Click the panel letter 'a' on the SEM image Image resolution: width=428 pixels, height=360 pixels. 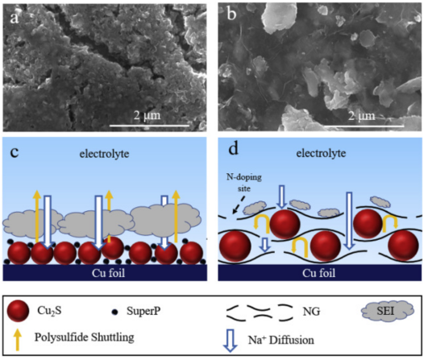pos(15,19)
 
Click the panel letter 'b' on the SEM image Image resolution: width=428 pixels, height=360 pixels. pos(232,14)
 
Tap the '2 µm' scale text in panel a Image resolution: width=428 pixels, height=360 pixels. pos(148,115)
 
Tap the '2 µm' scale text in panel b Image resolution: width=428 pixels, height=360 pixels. pos(362,116)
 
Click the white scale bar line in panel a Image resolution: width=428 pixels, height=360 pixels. pos(150,126)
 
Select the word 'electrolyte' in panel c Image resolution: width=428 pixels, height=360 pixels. pos(104,154)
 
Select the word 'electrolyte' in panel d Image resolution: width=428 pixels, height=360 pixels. pos(321,153)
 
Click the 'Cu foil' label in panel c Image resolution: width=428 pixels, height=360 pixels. pos(108,273)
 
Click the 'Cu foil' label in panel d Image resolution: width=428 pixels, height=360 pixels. pos(319,273)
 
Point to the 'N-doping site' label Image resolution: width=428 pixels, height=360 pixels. pos(244,183)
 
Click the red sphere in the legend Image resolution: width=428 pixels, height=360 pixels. pos(18,311)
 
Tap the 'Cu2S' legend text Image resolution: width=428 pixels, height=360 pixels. pos(49,311)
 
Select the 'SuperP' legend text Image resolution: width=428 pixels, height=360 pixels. pos(143,311)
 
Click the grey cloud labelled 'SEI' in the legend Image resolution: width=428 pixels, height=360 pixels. pos(388,311)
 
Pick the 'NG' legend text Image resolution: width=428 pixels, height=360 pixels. pos(311,312)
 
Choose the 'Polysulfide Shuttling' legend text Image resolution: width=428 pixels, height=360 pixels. pos(85,337)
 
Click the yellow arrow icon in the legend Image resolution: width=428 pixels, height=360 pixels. pos(18,339)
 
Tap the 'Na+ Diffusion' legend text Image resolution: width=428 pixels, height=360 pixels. pos(280,341)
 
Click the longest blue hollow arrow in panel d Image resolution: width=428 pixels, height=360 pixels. pos(349,221)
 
